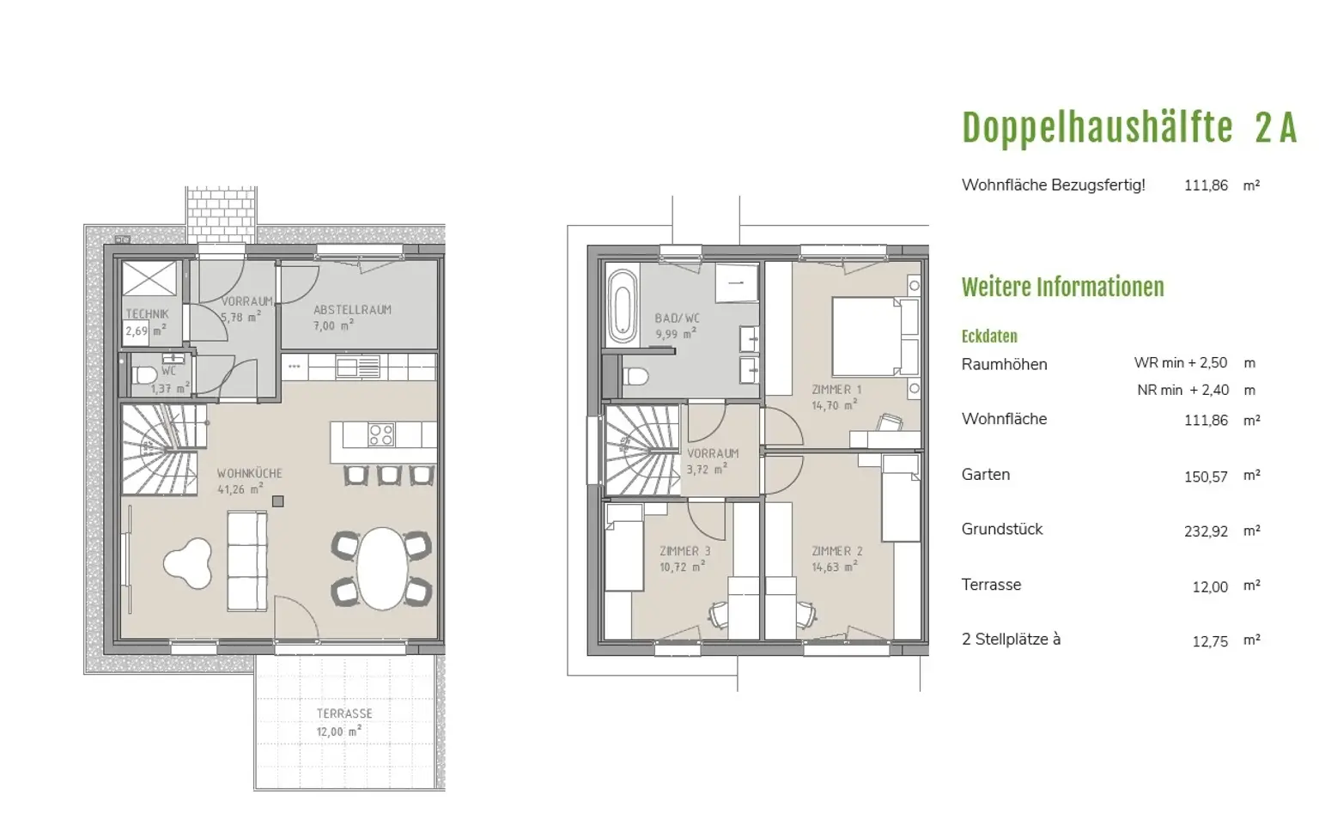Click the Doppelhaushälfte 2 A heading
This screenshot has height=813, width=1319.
coord(1129,128)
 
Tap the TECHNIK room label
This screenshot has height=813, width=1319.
coord(147,314)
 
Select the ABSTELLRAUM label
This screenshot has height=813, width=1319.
coord(352,310)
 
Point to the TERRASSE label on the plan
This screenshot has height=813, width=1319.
coord(344,713)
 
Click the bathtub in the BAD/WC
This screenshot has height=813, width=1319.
coord(623,306)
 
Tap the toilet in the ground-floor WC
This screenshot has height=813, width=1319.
coord(143,374)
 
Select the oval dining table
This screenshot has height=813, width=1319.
coord(382,568)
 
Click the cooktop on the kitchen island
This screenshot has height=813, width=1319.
coord(381,435)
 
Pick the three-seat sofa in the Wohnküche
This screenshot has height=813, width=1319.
coord(246,561)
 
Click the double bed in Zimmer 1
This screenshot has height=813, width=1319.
coord(875,337)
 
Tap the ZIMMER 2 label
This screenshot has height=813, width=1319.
coord(836,552)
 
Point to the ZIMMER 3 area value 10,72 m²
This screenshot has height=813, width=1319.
coord(682,567)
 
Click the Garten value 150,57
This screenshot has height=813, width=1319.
coord(1206,476)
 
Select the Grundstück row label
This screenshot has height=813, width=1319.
coord(1001,529)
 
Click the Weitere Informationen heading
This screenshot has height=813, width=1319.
coord(1063,288)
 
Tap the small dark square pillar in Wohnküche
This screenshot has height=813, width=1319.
coord(278,501)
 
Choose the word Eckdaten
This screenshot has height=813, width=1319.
coord(989,337)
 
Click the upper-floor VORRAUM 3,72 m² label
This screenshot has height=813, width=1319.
coord(713,462)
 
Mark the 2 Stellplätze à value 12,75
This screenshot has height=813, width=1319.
coord(1210,641)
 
